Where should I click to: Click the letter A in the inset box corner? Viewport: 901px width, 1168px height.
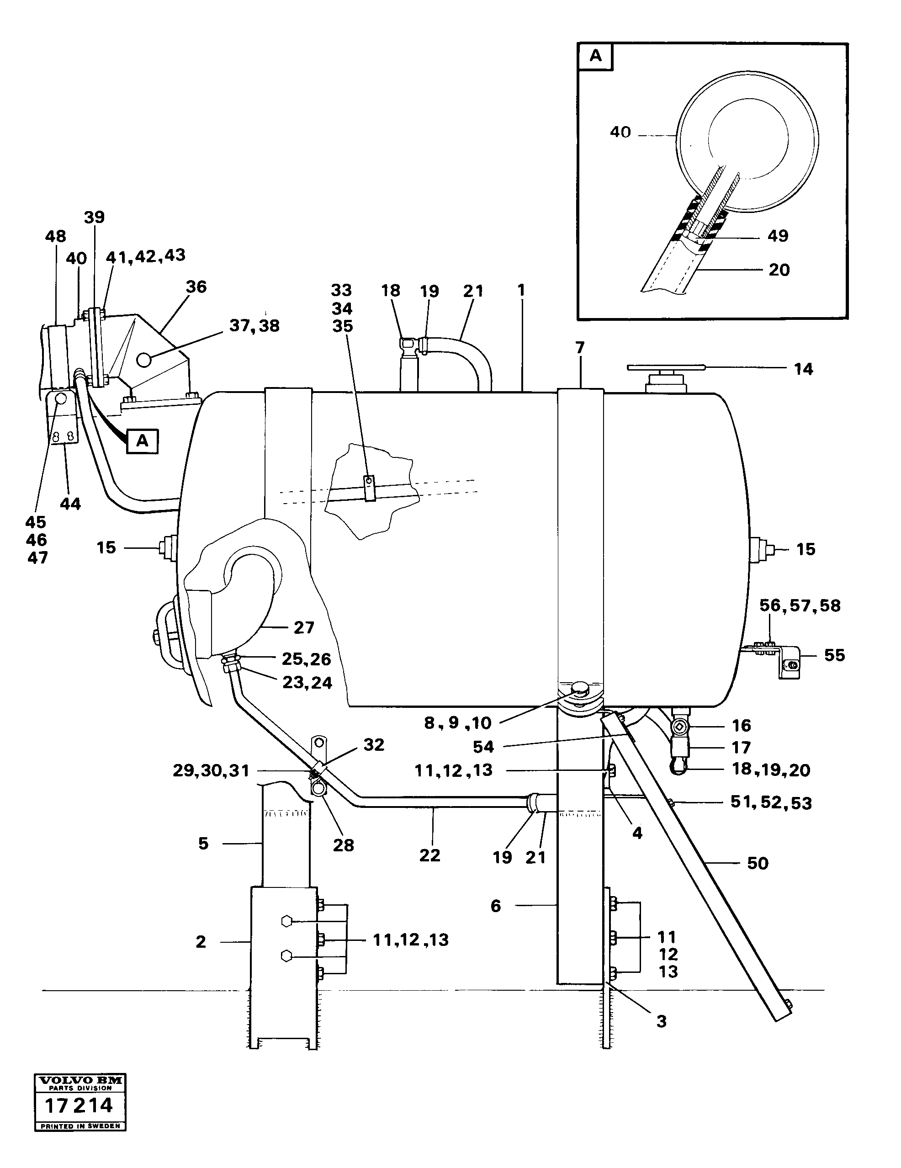(x=595, y=56)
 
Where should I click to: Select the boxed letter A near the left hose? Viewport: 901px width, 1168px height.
(x=142, y=441)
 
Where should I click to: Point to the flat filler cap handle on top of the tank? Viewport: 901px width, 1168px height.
(x=666, y=367)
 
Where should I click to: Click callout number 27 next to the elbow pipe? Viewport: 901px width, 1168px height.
(x=304, y=627)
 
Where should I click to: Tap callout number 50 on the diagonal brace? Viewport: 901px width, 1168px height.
(x=757, y=863)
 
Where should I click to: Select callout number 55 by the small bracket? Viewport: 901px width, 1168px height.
(x=834, y=655)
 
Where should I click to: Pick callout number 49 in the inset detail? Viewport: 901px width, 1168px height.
(x=778, y=236)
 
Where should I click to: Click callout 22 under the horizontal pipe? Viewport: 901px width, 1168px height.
(x=429, y=855)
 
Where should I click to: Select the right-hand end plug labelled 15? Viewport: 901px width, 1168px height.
(x=759, y=549)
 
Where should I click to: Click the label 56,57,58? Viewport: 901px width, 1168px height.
(x=800, y=605)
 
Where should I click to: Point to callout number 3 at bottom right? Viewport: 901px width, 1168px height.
(x=662, y=1021)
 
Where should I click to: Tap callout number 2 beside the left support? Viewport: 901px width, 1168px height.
(x=201, y=942)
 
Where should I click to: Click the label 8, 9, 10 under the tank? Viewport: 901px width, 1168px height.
(x=458, y=723)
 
